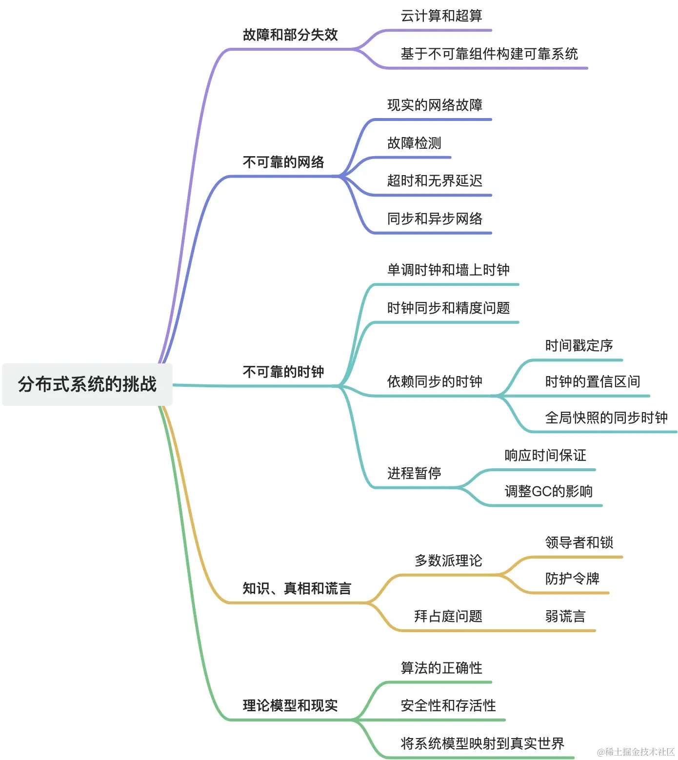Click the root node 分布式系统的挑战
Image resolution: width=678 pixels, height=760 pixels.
pyautogui.click(x=87, y=384)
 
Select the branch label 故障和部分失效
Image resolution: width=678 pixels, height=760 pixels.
pyautogui.click(x=290, y=35)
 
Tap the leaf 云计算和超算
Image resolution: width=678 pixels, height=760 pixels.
pyautogui.click(x=441, y=16)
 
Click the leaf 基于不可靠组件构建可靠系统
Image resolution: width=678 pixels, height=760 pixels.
pyautogui.click(x=489, y=54)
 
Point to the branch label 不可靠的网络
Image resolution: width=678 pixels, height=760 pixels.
pyautogui.click(x=283, y=162)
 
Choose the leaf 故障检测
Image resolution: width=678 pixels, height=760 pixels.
pyautogui.click(x=414, y=143)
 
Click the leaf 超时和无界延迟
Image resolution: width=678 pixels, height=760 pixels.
pyautogui.click(x=435, y=180)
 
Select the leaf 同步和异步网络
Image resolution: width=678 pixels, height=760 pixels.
pyautogui.click(x=435, y=219)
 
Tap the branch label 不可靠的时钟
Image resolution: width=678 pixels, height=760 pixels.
pyautogui.click(x=283, y=372)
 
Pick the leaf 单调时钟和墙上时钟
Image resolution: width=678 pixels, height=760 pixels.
pyautogui.click(x=448, y=270)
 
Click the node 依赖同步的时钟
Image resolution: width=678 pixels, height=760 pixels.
pyautogui.click(x=435, y=381)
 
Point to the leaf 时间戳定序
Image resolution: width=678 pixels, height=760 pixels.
pyautogui.click(x=579, y=345)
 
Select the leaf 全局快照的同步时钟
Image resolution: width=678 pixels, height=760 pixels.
pyautogui.click(x=606, y=418)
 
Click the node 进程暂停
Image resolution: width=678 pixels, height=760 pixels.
pyautogui.click(x=414, y=473)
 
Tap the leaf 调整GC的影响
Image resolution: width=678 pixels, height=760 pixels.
pyautogui.click(x=549, y=491)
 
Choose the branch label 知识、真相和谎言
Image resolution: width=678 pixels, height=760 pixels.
pyautogui.click(x=297, y=588)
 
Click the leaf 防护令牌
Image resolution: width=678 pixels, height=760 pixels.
pyautogui.click(x=572, y=579)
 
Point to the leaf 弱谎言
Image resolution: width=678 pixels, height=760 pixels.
pyautogui.click(x=565, y=616)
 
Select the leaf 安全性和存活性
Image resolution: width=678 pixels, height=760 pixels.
pyautogui.click(x=448, y=705)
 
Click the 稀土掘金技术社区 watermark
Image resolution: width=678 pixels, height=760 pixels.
pyautogui.click(x=636, y=752)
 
